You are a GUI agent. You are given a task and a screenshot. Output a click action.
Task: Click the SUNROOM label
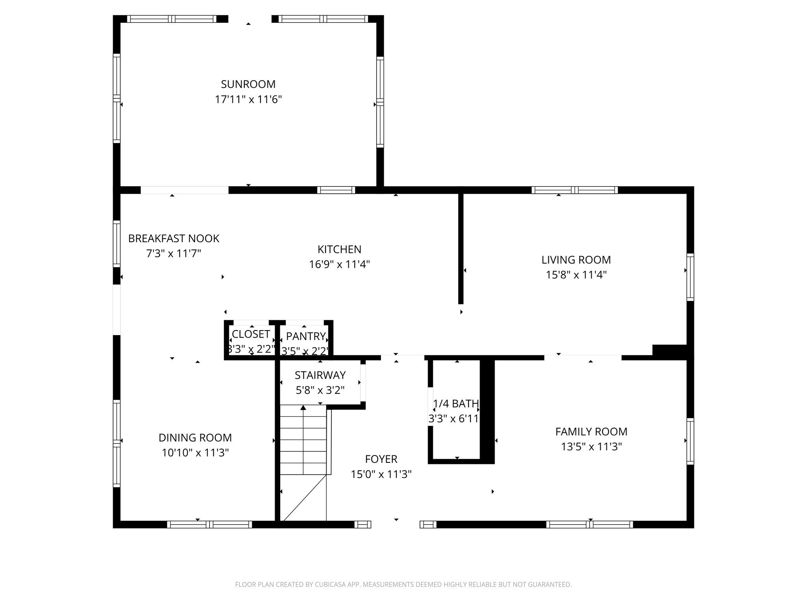(248, 84)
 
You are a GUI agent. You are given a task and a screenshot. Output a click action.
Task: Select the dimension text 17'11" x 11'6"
(248, 99)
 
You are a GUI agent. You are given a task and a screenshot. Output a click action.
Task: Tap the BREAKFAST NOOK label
(173, 238)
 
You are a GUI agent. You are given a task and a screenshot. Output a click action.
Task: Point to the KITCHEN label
(339, 249)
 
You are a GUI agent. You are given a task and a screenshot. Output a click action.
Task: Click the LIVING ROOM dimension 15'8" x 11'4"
(576, 275)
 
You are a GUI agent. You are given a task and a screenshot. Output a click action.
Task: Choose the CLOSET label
(251, 334)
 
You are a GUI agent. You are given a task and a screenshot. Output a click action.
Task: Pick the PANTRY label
(305, 336)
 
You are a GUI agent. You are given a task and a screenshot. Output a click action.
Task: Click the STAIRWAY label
(320, 375)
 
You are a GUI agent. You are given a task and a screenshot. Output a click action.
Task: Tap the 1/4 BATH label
(456, 404)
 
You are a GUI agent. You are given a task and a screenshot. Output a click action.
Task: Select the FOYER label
(381, 459)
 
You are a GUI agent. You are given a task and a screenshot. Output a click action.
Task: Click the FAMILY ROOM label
(591, 432)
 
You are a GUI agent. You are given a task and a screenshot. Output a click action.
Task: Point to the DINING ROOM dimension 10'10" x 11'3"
(195, 453)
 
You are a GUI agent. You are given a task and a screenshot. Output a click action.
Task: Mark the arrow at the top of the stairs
(303, 408)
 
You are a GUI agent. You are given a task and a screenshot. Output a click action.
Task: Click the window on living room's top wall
(574, 190)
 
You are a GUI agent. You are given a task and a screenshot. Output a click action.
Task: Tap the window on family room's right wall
(690, 441)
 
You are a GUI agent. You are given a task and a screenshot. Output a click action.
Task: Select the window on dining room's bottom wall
(209, 524)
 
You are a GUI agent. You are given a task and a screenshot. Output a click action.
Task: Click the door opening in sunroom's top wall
(249, 19)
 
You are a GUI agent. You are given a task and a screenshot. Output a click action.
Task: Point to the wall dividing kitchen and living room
(461, 248)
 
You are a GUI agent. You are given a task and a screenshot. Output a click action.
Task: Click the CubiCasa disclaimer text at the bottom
(403, 585)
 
